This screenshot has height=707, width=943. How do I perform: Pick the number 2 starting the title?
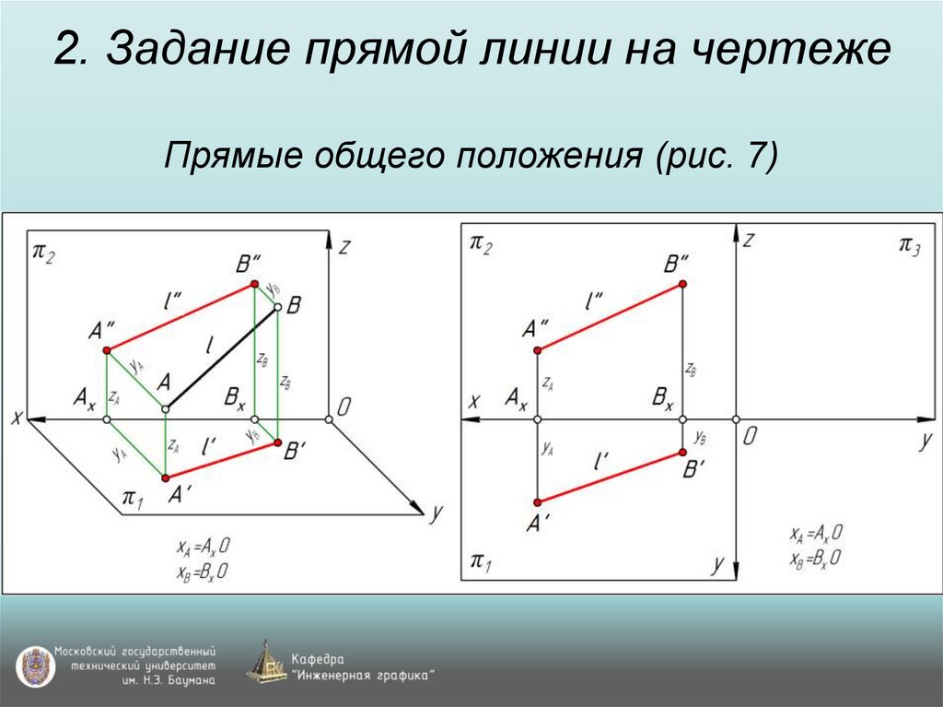[66, 51]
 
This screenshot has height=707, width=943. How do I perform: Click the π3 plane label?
[909, 244]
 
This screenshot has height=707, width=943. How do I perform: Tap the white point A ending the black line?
[166, 408]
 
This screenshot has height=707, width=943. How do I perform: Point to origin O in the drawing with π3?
[736, 420]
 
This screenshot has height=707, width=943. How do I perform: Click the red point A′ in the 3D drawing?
[166, 477]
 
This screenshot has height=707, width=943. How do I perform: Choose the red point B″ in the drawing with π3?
[682, 284]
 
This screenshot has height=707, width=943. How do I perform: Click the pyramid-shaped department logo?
[266, 663]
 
